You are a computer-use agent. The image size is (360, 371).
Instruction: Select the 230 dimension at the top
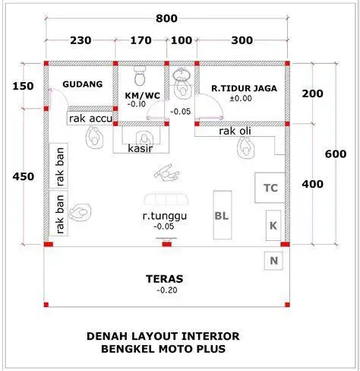point(81,41)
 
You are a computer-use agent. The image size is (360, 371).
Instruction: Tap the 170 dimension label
point(141,41)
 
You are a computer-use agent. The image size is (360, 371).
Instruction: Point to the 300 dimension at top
point(242,41)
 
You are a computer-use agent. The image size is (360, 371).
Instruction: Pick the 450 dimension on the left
point(23,176)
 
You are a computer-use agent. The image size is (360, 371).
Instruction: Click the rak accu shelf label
point(90,118)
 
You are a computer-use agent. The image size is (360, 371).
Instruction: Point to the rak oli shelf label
point(235,132)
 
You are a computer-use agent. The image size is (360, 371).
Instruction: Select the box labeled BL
point(222,216)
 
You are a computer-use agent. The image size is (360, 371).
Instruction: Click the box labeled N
point(273,262)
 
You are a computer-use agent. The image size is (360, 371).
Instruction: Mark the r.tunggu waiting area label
point(165,216)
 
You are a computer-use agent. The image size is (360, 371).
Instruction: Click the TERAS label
point(165,278)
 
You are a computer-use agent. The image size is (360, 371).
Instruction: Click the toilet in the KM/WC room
point(139,78)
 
